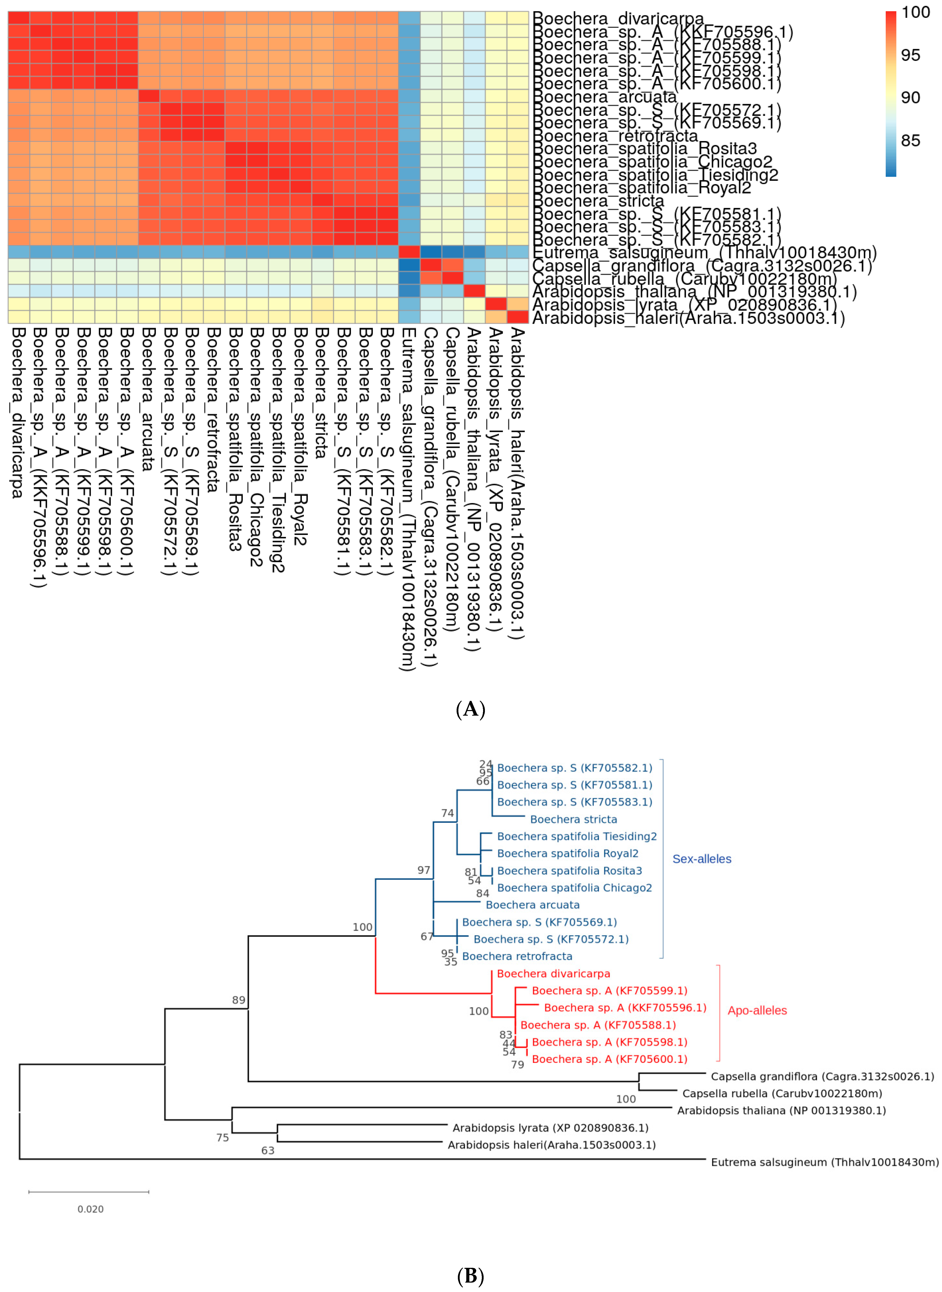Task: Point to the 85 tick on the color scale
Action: point(911,140)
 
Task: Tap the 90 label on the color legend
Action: point(911,98)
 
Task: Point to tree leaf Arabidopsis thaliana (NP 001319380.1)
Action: point(781,1110)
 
